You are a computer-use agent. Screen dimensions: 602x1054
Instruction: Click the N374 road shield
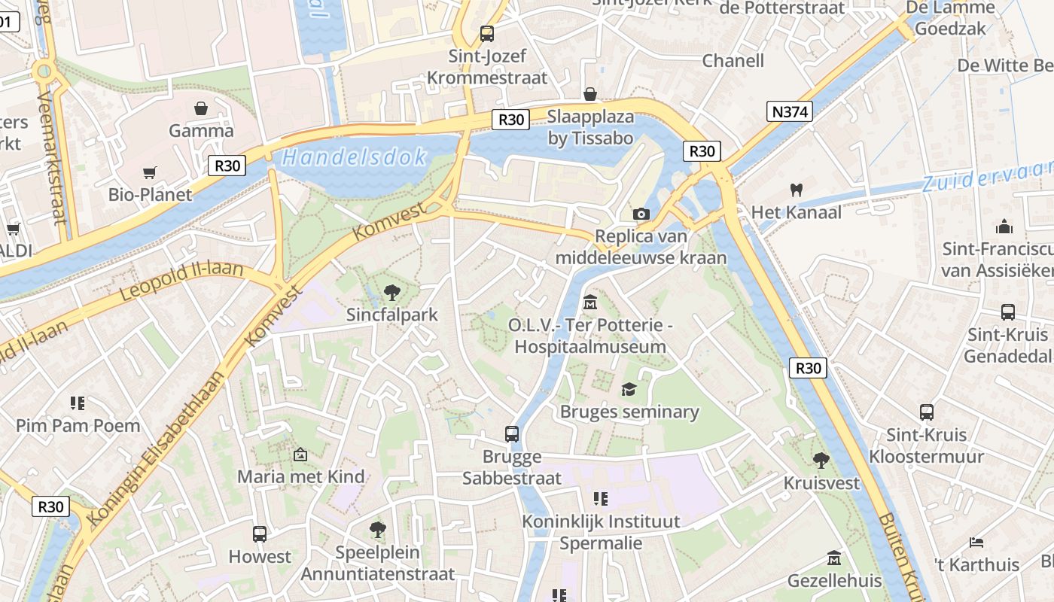click(790, 112)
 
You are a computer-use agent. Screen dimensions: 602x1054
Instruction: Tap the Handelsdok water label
click(354, 157)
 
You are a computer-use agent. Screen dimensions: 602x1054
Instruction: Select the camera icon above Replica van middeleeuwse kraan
click(641, 214)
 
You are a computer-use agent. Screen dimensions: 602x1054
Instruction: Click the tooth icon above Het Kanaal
click(796, 190)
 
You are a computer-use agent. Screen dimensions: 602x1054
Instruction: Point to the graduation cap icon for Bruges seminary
click(629, 389)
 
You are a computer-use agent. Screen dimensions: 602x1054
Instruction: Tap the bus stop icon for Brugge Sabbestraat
click(512, 433)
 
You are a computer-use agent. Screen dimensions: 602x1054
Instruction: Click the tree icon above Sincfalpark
click(391, 292)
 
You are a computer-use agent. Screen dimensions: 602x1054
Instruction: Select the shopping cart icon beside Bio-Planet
click(150, 172)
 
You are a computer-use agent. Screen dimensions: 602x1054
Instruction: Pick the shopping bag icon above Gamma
click(201, 108)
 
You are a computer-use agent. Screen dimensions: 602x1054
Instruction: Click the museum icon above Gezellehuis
click(834, 558)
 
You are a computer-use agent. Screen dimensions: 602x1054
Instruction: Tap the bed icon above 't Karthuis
click(976, 542)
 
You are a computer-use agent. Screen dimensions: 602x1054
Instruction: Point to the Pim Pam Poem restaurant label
click(78, 425)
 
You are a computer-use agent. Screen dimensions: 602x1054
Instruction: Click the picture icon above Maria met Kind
click(300, 455)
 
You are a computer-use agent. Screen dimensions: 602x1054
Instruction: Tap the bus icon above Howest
click(260, 534)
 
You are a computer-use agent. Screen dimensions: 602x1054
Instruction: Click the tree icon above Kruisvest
click(821, 460)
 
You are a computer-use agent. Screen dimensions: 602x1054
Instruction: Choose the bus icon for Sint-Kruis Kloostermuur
click(927, 412)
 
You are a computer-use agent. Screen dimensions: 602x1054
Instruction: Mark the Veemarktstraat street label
click(51, 158)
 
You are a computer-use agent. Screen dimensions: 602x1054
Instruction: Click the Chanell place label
click(733, 60)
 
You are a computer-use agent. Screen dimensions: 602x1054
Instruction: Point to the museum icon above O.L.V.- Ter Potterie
click(590, 303)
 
